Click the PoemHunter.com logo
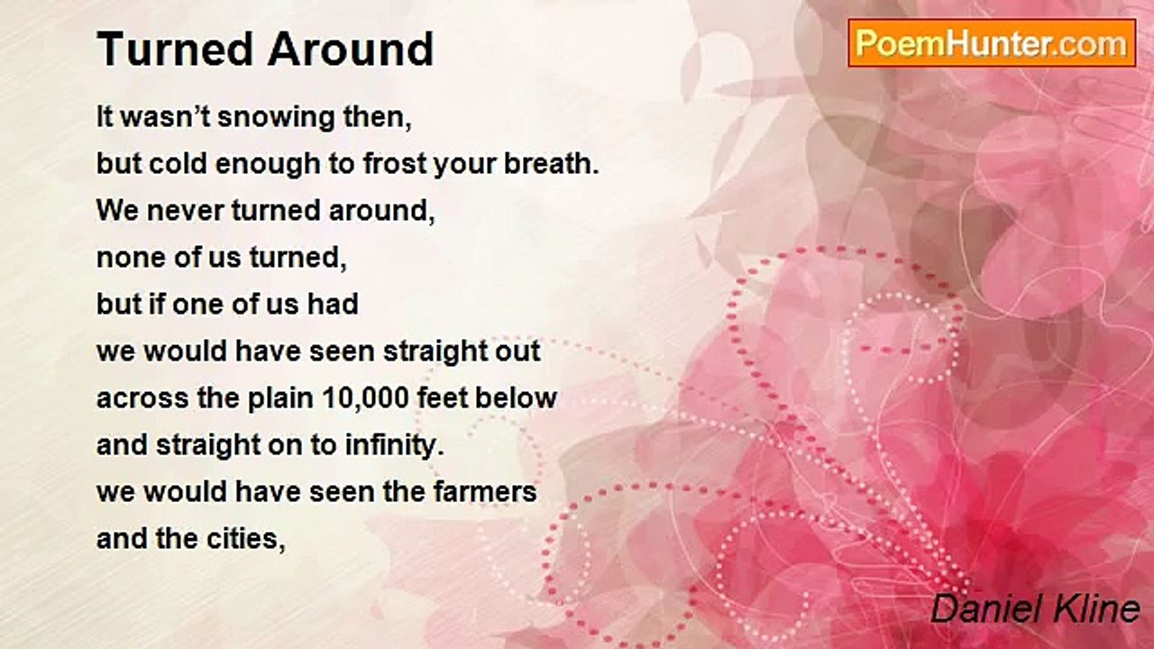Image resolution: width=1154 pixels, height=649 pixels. click(x=992, y=43)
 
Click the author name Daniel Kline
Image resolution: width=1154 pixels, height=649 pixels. click(x=1036, y=608)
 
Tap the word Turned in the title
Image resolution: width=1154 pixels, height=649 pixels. click(x=175, y=49)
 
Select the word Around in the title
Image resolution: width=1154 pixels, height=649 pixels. click(x=351, y=49)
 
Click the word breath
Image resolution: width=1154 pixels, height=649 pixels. click(x=551, y=164)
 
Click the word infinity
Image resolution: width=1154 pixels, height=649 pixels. click(x=394, y=445)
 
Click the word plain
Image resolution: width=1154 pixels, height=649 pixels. click(x=280, y=398)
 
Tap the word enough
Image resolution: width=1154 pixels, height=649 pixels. click(x=268, y=165)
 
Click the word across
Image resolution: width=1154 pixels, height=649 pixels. click(x=142, y=398)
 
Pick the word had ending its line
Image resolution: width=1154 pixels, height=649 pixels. click(x=333, y=305)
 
